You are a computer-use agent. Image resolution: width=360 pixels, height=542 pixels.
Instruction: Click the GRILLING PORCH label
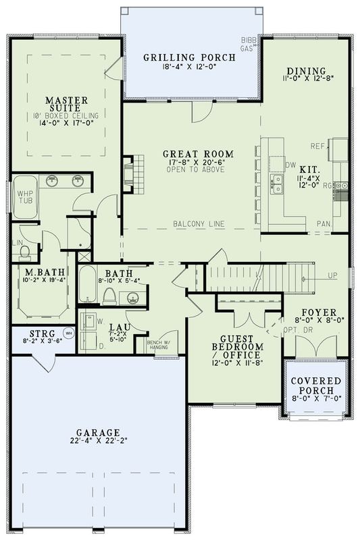(189, 58)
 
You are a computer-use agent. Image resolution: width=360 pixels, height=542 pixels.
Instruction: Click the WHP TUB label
(25, 197)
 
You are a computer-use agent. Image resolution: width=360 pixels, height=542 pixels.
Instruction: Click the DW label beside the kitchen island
(292, 164)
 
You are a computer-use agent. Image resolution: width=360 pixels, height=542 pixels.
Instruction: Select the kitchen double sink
(277, 182)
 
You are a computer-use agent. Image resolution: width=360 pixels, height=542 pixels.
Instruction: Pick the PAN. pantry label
(322, 222)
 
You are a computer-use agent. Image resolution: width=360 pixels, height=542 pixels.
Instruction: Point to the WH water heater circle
(68, 333)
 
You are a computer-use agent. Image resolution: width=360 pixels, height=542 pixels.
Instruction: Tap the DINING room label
(306, 71)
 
